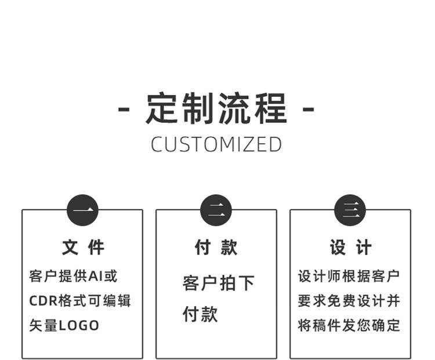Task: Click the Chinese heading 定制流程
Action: coord(216,108)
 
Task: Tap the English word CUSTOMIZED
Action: coord(216,144)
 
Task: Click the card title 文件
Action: coord(83,248)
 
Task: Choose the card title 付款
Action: coord(216,248)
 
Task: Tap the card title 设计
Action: coord(350,248)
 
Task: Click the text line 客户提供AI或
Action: coord(73,276)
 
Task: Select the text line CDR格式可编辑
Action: coord(80,301)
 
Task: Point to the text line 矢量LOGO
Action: coord(64,325)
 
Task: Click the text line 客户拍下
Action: coord(219,283)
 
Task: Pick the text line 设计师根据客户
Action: coord(349,276)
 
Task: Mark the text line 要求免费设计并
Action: coord(349,301)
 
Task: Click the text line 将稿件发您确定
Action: coord(349,325)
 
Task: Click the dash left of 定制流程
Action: coord(123,109)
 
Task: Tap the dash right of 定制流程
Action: coord(309,109)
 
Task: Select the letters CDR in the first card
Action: coord(42,301)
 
